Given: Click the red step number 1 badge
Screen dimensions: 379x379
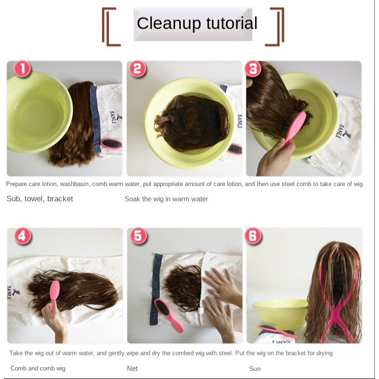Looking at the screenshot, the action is tap(23, 69).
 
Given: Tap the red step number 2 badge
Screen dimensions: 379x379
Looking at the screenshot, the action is tap(137, 69).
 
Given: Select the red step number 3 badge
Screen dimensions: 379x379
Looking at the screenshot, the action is tap(253, 69).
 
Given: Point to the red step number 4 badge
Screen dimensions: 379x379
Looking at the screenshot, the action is tap(23, 236).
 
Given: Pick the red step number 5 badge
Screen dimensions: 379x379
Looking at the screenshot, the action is tap(138, 236).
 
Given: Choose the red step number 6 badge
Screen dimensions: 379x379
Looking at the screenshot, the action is tap(253, 236).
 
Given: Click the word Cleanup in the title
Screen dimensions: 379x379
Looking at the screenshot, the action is tap(169, 24).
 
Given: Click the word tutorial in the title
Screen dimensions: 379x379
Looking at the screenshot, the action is tap(232, 23).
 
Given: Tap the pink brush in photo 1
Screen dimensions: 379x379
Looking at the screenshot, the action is tap(111, 144).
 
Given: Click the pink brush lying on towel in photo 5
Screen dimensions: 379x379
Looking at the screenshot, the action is tap(168, 315).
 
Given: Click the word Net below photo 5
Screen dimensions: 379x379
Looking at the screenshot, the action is tap(132, 368).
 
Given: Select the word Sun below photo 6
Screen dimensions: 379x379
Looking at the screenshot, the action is tap(255, 369).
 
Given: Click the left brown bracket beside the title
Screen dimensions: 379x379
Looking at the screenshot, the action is tap(107, 26).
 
